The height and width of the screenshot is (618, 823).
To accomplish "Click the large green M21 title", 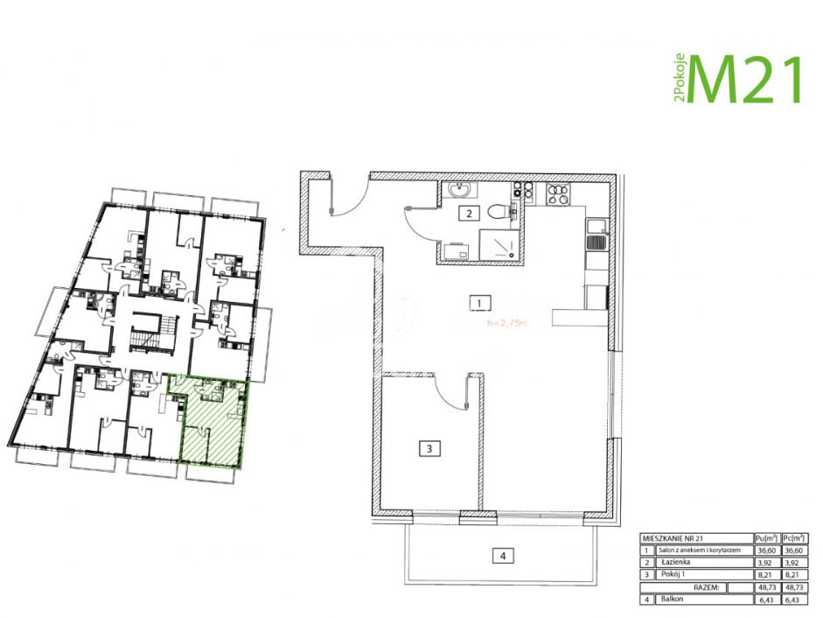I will tap(746, 80).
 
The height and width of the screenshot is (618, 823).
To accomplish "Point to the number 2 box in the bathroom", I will tap(470, 213).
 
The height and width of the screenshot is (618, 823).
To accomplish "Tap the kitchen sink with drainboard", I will tap(596, 237).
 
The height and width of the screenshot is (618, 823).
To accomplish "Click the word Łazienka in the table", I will tap(674, 563).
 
